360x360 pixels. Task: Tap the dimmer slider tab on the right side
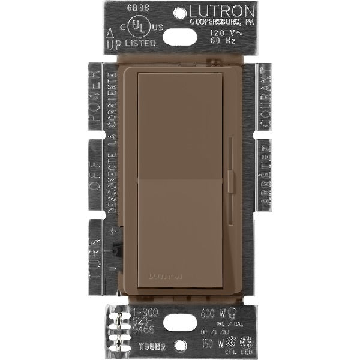pyautogui.click(x=231, y=181)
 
